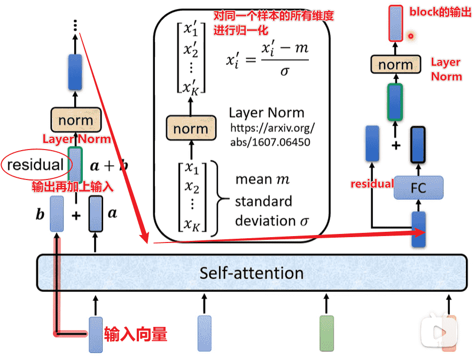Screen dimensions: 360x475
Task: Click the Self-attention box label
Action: [x=251, y=273]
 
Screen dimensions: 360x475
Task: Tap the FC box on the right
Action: [x=418, y=188]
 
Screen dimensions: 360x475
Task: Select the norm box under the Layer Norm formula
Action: [x=190, y=129]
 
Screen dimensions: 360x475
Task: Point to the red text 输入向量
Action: [x=136, y=334]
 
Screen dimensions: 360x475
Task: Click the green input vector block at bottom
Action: [x=326, y=334]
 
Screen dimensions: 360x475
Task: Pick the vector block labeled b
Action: [x=57, y=214]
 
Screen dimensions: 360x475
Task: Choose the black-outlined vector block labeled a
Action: [x=95, y=214]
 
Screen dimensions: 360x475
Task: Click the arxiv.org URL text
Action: [x=272, y=135]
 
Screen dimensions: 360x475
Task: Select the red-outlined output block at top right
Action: [x=396, y=24]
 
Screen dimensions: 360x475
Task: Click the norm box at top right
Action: [x=395, y=65]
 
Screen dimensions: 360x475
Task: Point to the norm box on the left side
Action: [x=75, y=120]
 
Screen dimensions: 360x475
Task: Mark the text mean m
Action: [x=262, y=180]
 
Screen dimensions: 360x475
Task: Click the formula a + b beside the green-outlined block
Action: [x=108, y=166]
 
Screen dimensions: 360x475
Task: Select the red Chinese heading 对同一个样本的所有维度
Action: [x=273, y=17]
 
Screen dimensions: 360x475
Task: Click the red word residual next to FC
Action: [x=371, y=184]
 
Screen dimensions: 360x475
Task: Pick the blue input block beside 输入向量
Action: [x=96, y=334]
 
